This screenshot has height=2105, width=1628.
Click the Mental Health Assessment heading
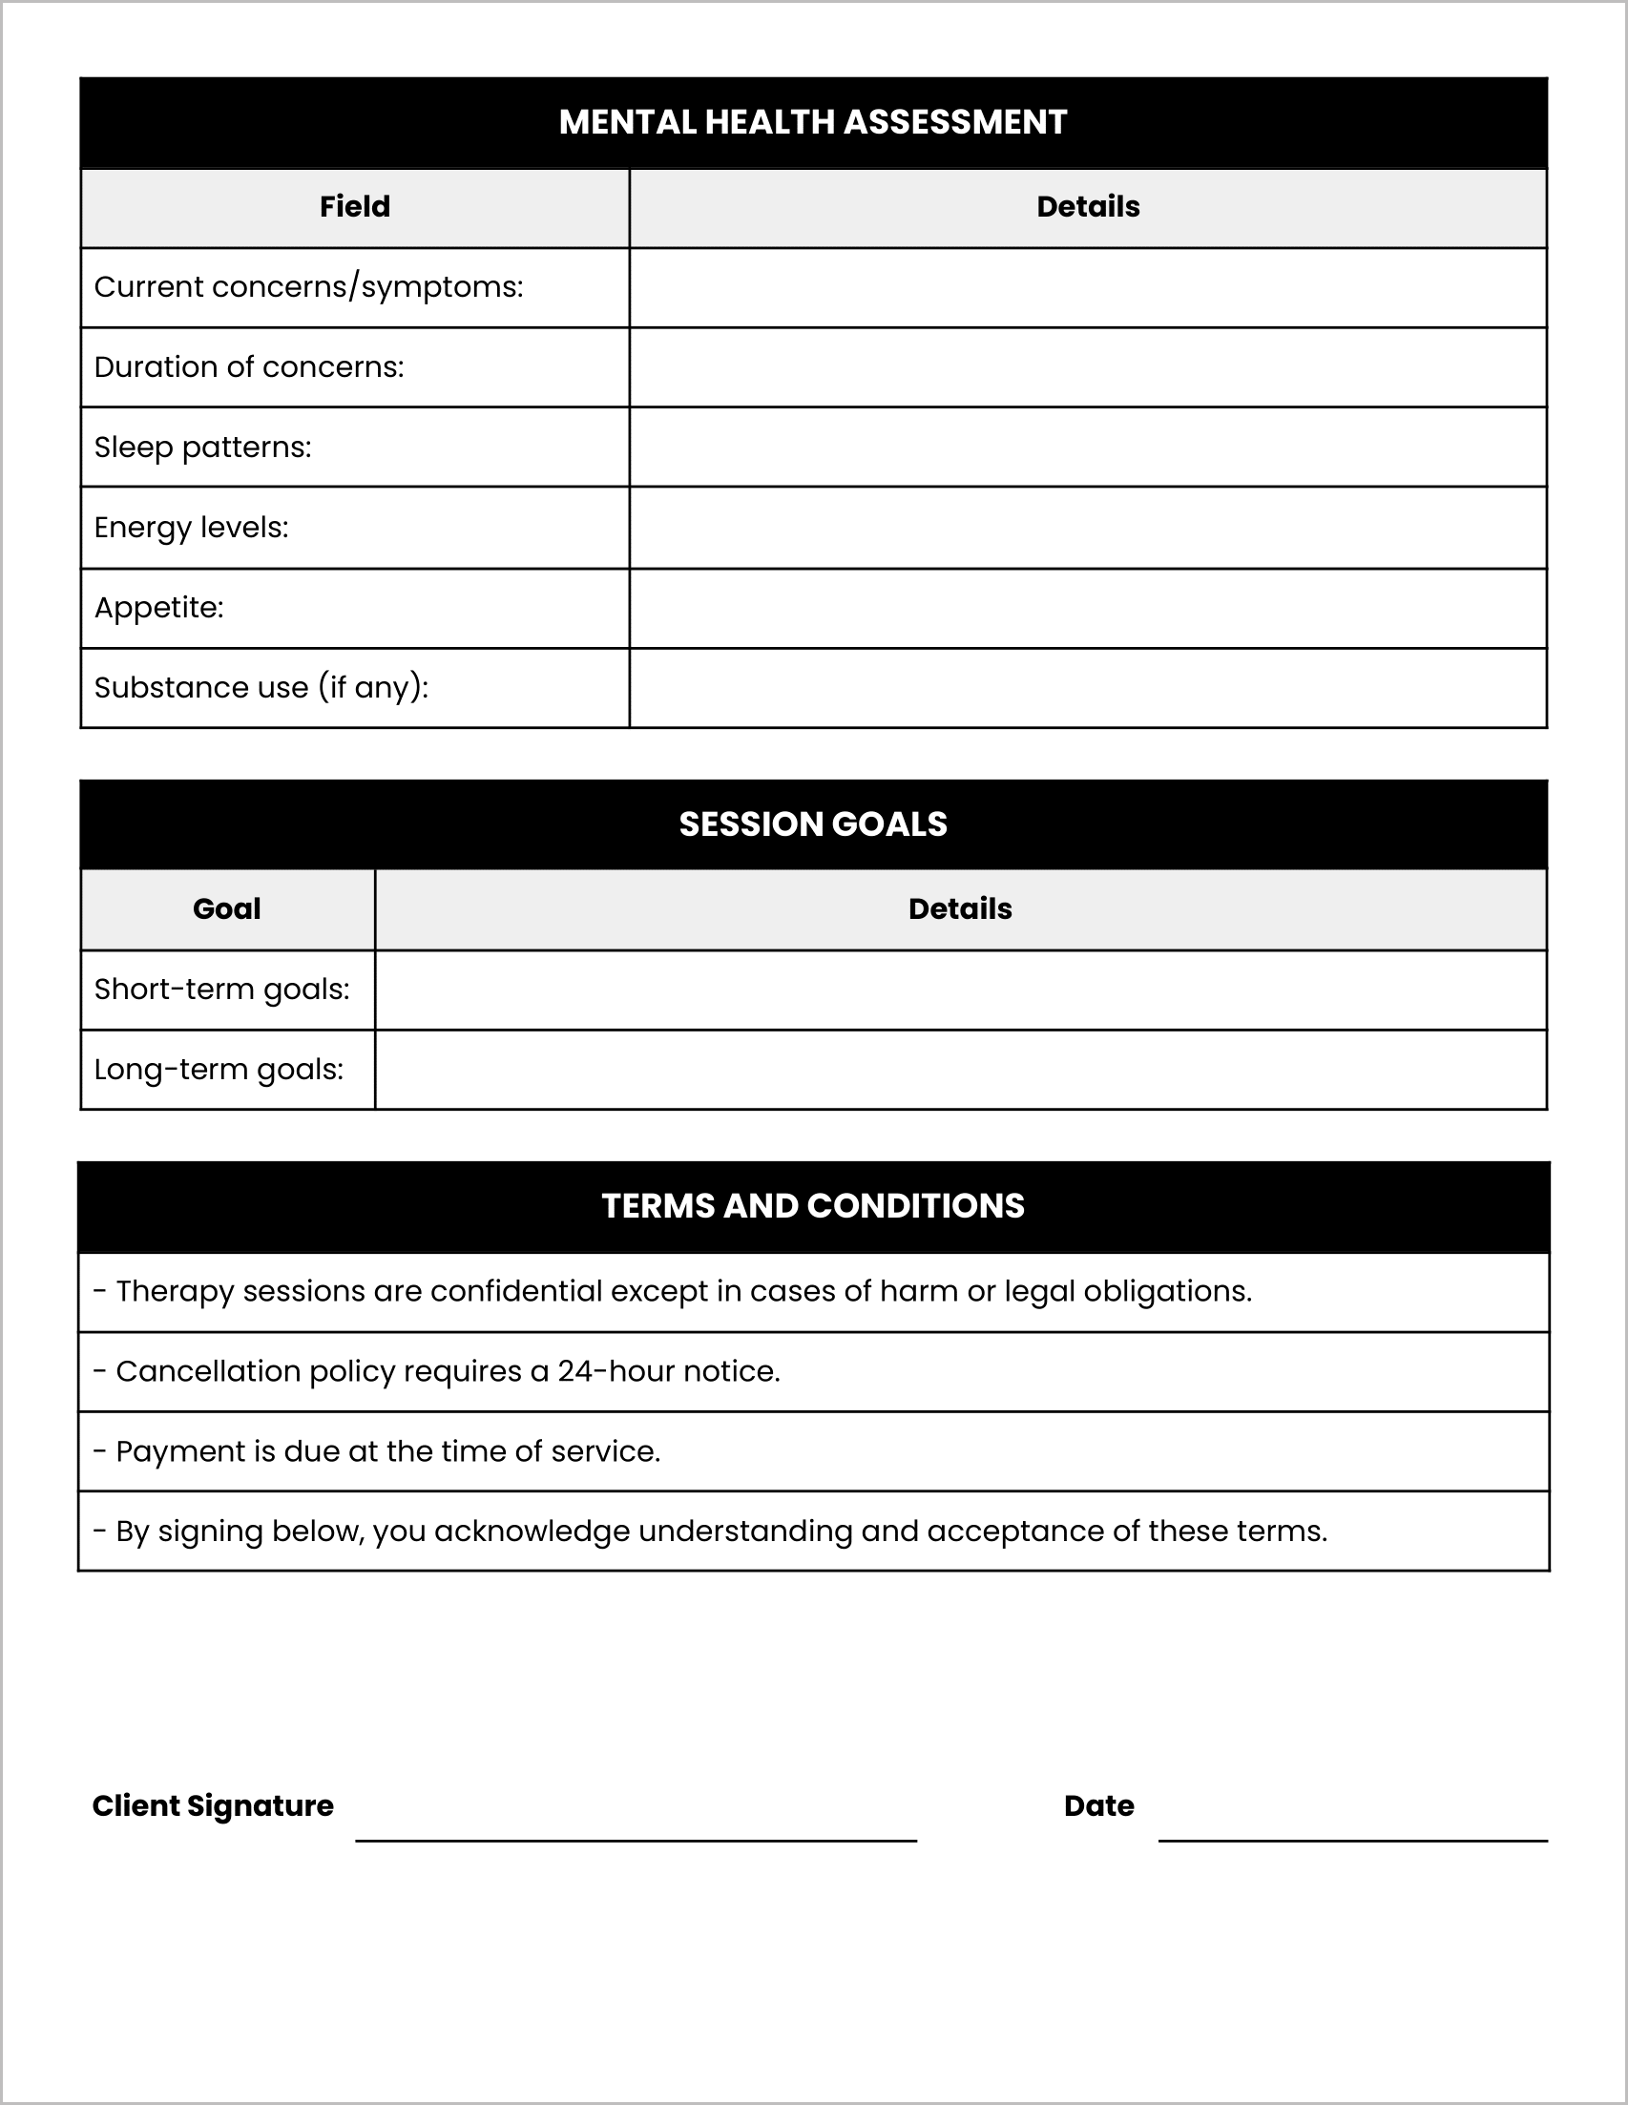pyautogui.click(x=812, y=122)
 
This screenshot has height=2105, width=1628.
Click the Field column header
pyautogui.click(x=355, y=206)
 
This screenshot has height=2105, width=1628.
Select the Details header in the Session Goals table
pyautogui.click(x=959, y=908)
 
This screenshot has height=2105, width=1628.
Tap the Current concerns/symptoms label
pyautogui.click(x=308, y=287)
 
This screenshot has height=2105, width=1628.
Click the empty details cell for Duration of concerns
pyautogui.click(x=1087, y=367)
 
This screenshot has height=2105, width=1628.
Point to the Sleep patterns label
pyautogui.click(x=202, y=448)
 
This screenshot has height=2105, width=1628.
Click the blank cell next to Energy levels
pyautogui.click(x=1087, y=528)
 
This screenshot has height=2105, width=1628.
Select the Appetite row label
pyautogui.click(x=159, y=608)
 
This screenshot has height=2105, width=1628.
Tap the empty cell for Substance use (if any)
pyautogui.click(x=1087, y=688)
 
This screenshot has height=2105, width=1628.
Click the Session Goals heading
pyautogui.click(x=812, y=824)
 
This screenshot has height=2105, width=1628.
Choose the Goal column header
pyautogui.click(x=226, y=908)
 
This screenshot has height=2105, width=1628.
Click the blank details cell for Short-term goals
pyautogui.click(x=959, y=990)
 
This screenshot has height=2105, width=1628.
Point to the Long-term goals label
pyautogui.click(x=219, y=1070)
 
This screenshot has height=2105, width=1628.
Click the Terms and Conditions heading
pyautogui.click(x=812, y=1206)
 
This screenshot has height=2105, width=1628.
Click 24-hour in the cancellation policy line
pyautogui.click(x=615, y=1371)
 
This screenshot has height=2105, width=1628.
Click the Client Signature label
pyautogui.click(x=212, y=1805)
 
